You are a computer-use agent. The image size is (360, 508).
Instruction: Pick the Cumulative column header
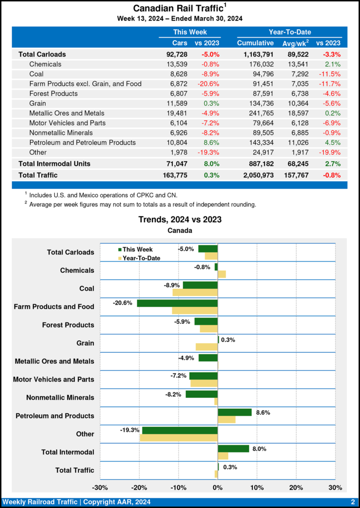tap(255, 43)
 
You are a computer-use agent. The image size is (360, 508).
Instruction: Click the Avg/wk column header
tap(295, 43)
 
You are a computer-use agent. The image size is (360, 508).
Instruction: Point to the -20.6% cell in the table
tap(209, 84)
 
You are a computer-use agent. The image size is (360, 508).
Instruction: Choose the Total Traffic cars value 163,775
tap(173, 175)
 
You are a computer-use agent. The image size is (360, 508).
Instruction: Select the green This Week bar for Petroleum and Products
tap(234, 412)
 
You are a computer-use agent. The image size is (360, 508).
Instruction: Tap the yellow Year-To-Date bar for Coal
tap(195, 293)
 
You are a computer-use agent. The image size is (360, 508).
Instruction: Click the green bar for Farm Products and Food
tap(177, 303)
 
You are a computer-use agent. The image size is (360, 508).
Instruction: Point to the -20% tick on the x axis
tap(140, 488)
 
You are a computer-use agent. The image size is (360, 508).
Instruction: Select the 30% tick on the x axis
tap(335, 488)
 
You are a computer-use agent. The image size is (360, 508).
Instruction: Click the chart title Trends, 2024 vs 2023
tap(180, 219)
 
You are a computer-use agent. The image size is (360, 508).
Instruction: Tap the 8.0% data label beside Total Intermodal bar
tap(259, 448)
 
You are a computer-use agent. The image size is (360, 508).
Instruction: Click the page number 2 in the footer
tap(352, 502)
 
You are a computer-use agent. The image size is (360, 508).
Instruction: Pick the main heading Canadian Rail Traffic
tap(177, 8)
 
